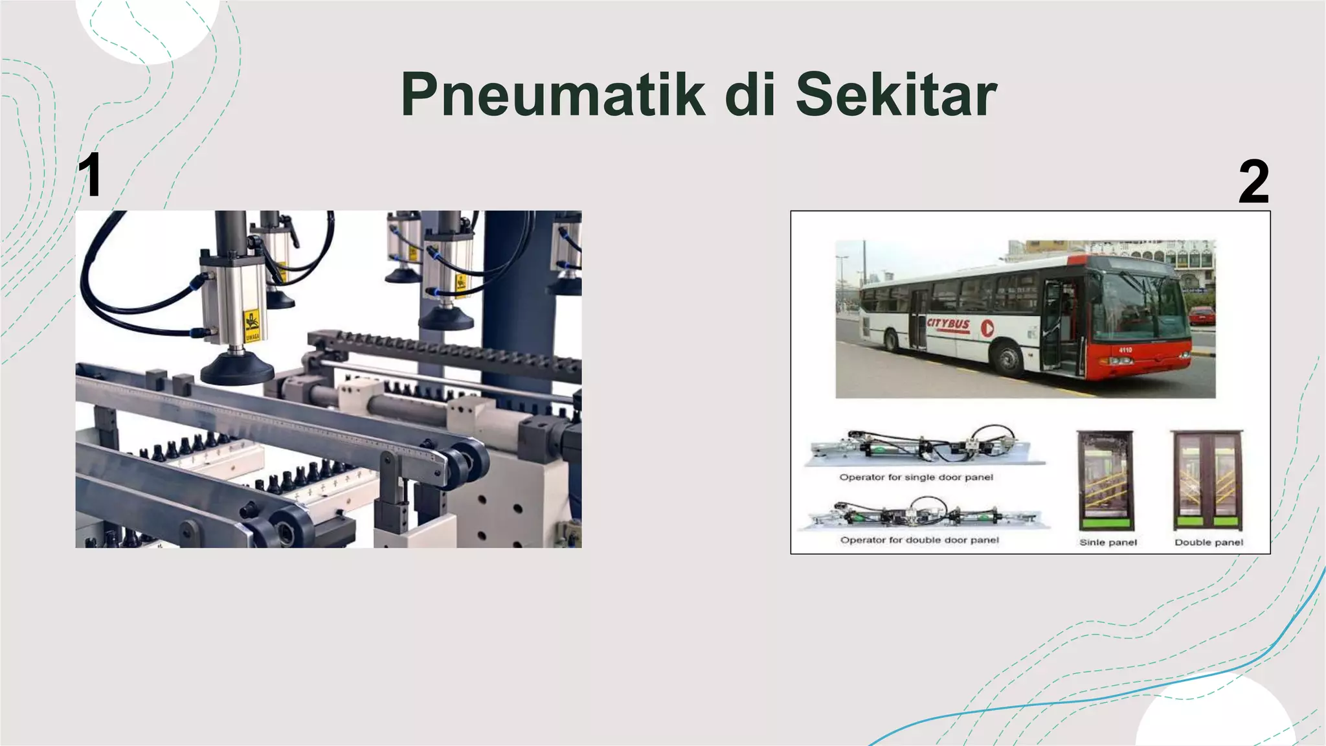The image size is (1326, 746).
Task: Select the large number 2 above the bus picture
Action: pyautogui.click(x=1253, y=183)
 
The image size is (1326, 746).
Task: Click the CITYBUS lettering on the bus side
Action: pyautogui.click(x=948, y=323)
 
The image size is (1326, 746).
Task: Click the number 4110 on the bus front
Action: pyautogui.click(x=1125, y=350)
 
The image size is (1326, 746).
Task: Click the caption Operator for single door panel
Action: pyautogui.click(x=916, y=477)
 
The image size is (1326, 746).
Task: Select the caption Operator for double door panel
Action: pyautogui.click(x=919, y=540)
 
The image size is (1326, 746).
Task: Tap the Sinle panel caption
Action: pyautogui.click(x=1108, y=543)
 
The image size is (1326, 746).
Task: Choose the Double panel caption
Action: pyautogui.click(x=1209, y=543)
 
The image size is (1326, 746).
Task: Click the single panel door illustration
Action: pyautogui.click(x=1105, y=480)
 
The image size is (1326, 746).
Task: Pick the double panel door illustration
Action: pyautogui.click(x=1208, y=480)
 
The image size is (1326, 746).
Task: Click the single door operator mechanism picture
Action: pyautogui.click(x=925, y=446)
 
